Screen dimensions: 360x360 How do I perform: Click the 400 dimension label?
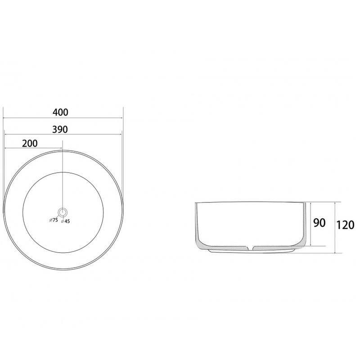coord(60,112)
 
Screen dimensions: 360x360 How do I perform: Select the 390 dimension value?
coord(60,130)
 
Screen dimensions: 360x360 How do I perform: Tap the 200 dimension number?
coord(30,144)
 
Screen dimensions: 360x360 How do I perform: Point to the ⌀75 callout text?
coord(54,220)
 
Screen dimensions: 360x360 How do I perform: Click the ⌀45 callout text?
coord(65,221)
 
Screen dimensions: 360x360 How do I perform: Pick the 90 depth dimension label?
coord(319,223)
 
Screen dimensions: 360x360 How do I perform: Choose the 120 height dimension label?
coord(345,225)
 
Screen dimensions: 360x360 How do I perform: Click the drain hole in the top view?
coord(62,212)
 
